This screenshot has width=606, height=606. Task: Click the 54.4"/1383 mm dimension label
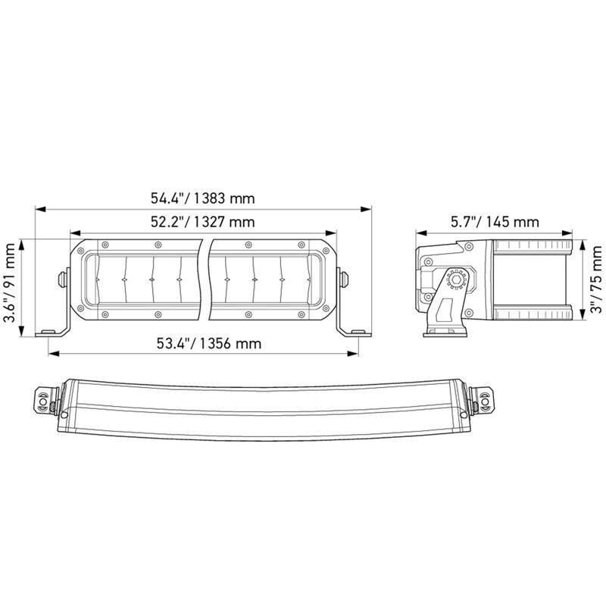[202, 199]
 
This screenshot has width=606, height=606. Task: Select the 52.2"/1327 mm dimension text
[201, 222]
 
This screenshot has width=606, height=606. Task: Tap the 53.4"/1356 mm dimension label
[209, 343]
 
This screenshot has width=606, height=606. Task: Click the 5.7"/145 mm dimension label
[495, 222]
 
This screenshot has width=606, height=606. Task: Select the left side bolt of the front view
[61, 277]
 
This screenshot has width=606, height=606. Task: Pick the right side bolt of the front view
[345, 277]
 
